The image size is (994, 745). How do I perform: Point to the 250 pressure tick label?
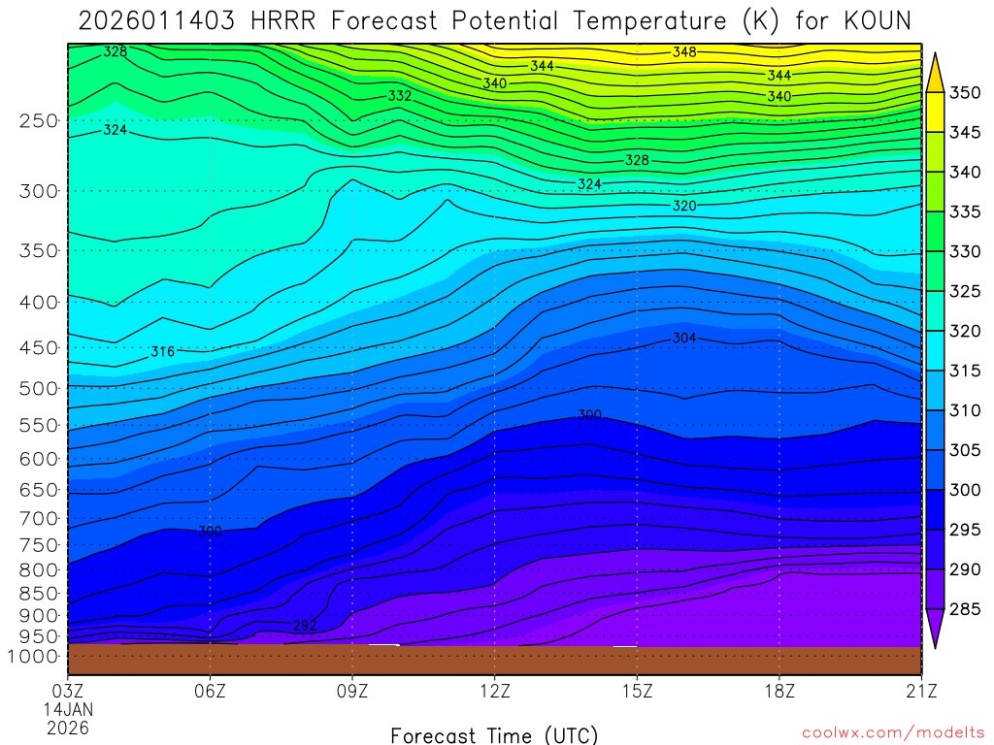[38, 121]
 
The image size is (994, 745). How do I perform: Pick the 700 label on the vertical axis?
[38, 518]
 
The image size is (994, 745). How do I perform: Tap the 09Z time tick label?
[352, 691]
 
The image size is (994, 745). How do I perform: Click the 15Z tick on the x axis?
[637, 691]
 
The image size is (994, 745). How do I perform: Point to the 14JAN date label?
[68, 709]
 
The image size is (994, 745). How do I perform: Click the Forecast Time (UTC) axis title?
[494, 734]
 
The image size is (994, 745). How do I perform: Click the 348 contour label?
[684, 52]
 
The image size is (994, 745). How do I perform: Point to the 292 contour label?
[305, 626]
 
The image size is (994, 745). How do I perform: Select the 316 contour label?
[163, 352]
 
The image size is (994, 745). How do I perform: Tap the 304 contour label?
[684, 338]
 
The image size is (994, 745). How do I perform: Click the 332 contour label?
[400, 96]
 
